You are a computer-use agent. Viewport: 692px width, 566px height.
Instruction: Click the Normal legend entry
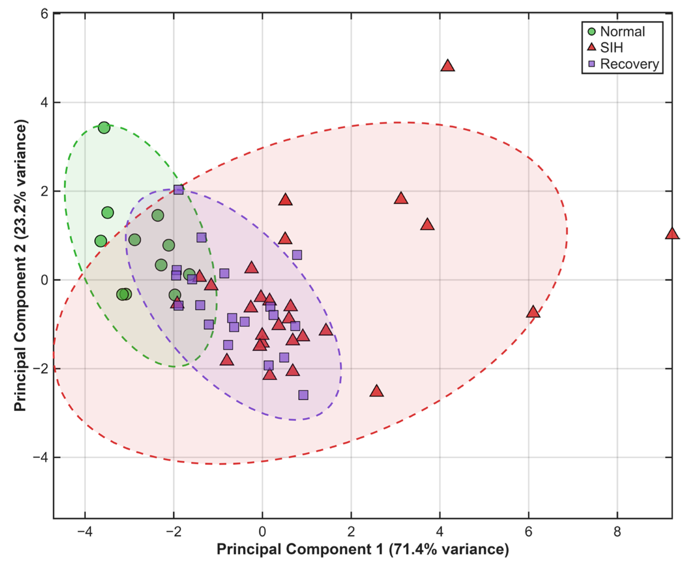click(616, 31)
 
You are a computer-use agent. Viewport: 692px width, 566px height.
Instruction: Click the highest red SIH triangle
click(448, 65)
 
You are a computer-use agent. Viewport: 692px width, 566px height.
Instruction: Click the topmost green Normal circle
click(104, 128)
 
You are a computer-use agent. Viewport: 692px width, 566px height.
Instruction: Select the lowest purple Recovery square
click(303, 395)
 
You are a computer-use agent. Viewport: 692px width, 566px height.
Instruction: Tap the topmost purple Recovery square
click(178, 190)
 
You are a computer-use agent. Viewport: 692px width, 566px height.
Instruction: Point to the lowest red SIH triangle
click(376, 391)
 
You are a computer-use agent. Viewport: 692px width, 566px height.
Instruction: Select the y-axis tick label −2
click(40, 369)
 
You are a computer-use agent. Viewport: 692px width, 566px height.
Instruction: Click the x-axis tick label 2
click(351, 532)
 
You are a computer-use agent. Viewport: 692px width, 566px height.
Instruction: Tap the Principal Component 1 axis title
click(363, 549)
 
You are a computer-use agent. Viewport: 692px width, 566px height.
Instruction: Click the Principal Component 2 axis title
click(20, 265)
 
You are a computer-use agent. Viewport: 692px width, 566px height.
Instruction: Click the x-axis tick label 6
click(528, 532)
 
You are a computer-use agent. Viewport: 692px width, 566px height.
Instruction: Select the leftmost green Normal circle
click(101, 241)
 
